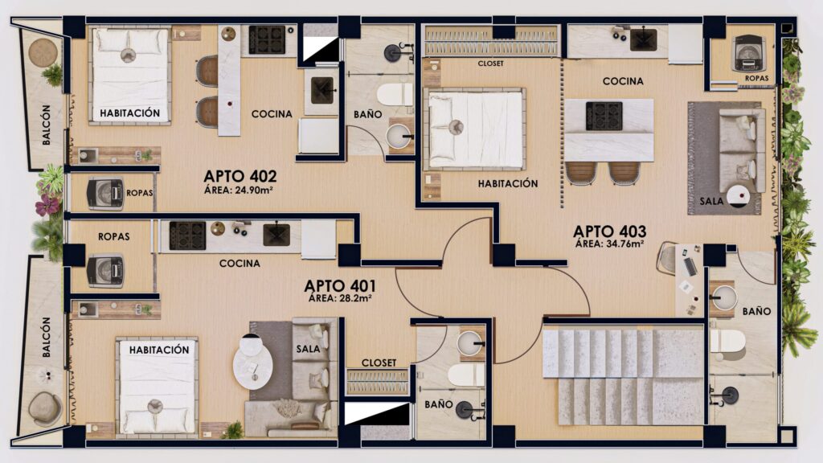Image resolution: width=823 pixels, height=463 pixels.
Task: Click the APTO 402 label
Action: coord(240,176)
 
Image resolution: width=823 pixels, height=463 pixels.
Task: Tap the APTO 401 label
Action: coord(340,286)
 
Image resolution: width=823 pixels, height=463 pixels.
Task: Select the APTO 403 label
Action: coord(609,231)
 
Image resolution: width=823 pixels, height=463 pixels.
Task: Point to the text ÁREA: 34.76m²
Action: coord(609,244)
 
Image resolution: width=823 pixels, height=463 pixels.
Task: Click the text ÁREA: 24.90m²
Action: coord(238,190)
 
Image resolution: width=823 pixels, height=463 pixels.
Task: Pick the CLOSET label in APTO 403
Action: coord(491,64)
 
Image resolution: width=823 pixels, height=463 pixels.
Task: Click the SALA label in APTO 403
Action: coord(712,201)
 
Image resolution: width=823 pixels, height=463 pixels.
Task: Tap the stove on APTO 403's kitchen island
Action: coord(604,116)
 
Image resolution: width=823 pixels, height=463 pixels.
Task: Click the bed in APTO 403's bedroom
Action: coord(476,129)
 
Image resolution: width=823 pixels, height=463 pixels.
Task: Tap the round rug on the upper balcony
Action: coord(43,52)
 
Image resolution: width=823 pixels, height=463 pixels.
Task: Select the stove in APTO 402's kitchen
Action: coord(267,40)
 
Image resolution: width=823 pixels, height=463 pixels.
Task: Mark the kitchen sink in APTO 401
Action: coord(276,234)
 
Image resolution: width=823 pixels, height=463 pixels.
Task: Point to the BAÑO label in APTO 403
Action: coord(756,311)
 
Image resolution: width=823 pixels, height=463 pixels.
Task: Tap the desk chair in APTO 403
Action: coord(668,257)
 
